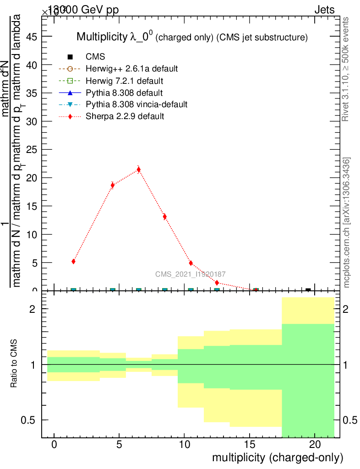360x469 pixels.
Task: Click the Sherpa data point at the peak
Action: click(139, 169)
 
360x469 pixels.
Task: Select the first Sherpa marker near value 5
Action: click(73, 261)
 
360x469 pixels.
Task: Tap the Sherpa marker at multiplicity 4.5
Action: click(113, 185)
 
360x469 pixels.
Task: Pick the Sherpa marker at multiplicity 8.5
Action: click(164, 217)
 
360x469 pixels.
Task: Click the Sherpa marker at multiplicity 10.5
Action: click(191, 263)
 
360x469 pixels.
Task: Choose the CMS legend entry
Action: click(95, 57)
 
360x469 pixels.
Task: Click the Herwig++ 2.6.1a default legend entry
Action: click(131, 69)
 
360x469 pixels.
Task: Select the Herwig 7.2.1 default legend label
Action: click(125, 81)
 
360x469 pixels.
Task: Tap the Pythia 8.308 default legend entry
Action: click(124, 93)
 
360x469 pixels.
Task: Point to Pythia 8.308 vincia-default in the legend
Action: click(136, 104)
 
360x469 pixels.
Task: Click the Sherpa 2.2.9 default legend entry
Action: click(125, 116)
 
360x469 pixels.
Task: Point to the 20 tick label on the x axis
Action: click(315, 444)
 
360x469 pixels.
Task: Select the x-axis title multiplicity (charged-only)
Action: click(277, 458)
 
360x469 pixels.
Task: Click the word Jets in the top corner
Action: click(324, 10)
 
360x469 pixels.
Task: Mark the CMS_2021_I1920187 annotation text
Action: click(190, 274)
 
